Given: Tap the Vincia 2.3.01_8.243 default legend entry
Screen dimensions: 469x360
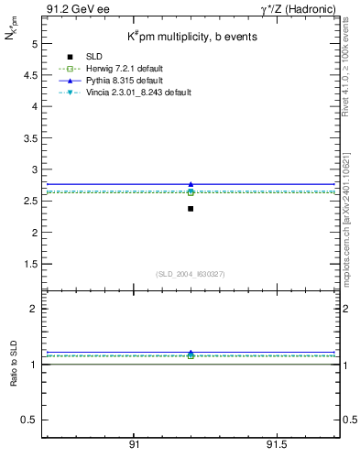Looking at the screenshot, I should pyautogui.click(x=136, y=93).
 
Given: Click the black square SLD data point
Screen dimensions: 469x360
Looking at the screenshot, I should pyautogui.click(x=191, y=209).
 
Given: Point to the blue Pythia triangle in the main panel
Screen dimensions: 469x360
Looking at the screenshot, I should pyautogui.click(x=191, y=184).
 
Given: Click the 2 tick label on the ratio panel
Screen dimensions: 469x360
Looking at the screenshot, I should pyautogui.click(x=34, y=309).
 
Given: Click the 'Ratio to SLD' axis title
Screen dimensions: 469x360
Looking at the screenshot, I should pyautogui.click(x=14, y=364).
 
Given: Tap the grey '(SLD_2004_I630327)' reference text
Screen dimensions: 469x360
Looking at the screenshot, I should pyautogui.click(x=191, y=274).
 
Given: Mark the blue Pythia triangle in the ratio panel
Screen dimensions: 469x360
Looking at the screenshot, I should pyautogui.click(x=191, y=352).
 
